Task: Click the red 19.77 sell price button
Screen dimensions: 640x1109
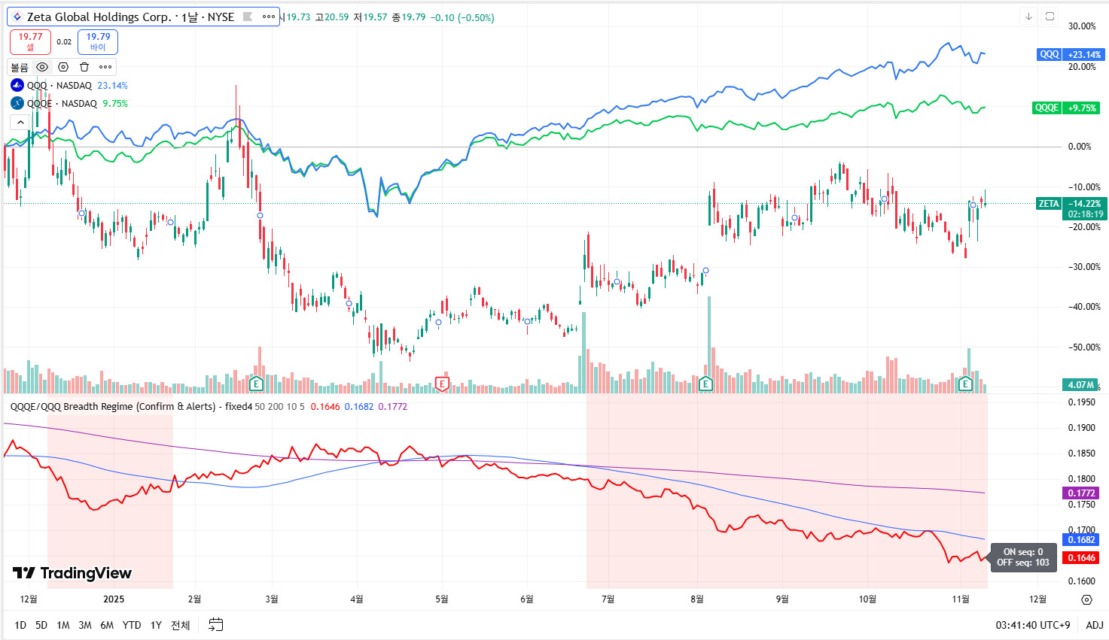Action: point(30,41)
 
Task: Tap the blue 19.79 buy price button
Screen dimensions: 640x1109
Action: point(98,41)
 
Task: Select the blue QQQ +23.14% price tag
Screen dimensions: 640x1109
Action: point(1069,54)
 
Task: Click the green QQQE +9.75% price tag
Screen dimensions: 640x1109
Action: point(1066,108)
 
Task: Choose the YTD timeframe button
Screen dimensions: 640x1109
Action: point(132,625)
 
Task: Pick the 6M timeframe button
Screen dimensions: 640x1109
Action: point(107,625)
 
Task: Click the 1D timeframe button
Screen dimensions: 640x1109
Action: point(20,625)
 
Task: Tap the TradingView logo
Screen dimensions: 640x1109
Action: point(72,573)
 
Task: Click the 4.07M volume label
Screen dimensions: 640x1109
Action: point(1080,384)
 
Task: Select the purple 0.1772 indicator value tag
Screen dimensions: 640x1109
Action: point(1081,493)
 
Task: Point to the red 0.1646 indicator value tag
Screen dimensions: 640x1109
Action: point(1081,557)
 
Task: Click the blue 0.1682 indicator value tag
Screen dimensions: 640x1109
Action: point(1081,539)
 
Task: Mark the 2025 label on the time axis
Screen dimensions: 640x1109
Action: point(114,599)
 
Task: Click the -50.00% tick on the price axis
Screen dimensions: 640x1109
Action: point(1084,347)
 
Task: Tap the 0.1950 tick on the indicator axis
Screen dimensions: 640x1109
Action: point(1081,402)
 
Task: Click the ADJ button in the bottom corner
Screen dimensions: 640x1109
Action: point(1094,625)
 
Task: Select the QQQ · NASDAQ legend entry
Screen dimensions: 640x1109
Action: point(59,86)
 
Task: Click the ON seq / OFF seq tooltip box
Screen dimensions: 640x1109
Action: point(1023,557)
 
